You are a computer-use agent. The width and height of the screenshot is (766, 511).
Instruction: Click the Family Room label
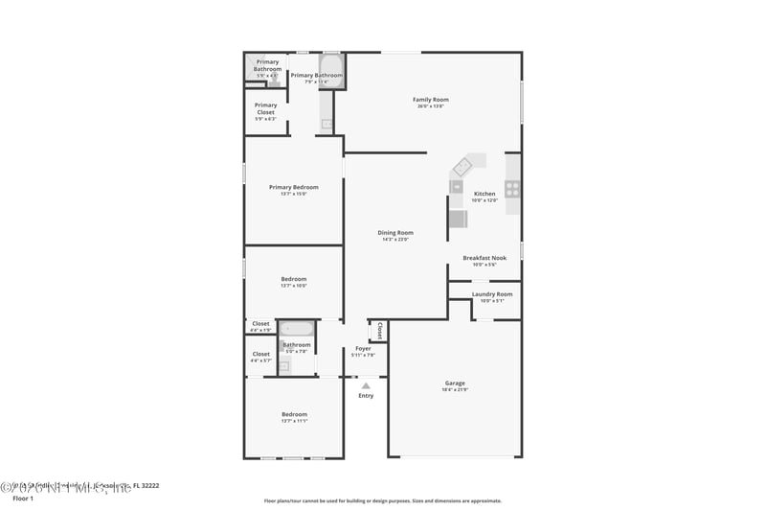(430, 100)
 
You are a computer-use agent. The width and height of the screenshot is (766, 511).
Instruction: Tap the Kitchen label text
(484, 194)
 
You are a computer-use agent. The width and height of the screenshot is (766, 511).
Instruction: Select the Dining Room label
(394, 233)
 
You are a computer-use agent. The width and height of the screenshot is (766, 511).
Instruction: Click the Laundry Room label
(491, 294)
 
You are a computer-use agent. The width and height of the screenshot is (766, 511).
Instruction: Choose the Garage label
(455, 383)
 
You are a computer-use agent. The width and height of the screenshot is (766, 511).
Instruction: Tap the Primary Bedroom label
(293, 188)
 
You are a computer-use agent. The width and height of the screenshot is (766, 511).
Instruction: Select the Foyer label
(363, 349)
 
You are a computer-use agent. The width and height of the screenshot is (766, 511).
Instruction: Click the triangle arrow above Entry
(366, 386)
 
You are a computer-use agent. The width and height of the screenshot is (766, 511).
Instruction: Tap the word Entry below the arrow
(366, 396)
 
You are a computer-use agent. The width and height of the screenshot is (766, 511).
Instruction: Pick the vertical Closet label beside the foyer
(379, 331)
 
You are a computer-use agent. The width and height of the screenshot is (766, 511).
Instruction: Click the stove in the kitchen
(513, 189)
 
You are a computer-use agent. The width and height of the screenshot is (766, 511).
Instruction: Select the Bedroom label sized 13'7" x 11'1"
(294, 414)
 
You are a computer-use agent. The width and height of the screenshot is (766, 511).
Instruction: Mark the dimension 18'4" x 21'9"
(455, 390)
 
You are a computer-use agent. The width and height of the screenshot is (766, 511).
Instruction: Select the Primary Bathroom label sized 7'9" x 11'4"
(316, 76)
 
